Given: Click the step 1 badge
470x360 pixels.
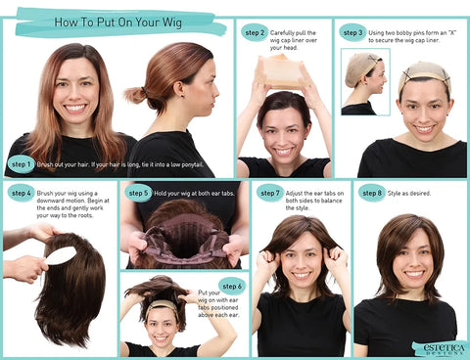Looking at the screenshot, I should pyautogui.click(x=22, y=164).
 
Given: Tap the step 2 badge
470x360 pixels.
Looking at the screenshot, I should pyautogui.click(x=255, y=32).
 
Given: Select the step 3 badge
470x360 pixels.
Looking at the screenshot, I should pyautogui.click(x=352, y=32).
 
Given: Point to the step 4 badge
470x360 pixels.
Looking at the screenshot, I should pyautogui.click(x=22, y=193).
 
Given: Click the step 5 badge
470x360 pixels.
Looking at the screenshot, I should pyautogui.click(x=138, y=193).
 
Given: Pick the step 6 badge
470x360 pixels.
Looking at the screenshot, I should pyautogui.click(x=231, y=286).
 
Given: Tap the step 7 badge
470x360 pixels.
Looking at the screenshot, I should pyautogui.click(x=271, y=193).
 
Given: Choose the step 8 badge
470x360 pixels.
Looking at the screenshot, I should pyautogui.click(x=371, y=193).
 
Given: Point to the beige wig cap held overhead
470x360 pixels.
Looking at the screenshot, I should pyautogui.click(x=284, y=70).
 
